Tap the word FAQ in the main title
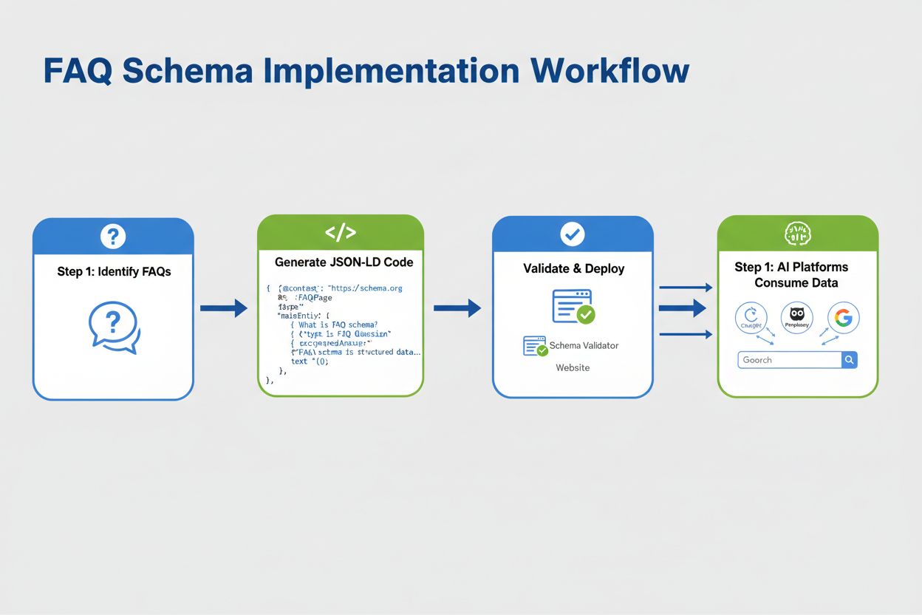click(77, 71)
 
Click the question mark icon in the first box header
click(113, 237)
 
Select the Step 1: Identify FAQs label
click(114, 271)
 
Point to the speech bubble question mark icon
click(114, 327)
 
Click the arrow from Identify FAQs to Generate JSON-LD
click(224, 308)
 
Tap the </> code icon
click(341, 234)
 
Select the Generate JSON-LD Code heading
click(344, 262)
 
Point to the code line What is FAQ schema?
click(338, 325)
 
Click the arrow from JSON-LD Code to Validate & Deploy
click(457, 308)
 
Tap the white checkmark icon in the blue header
click(573, 235)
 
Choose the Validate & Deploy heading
click(573, 268)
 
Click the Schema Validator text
click(584, 345)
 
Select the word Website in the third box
click(573, 367)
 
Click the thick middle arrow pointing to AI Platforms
click(683, 308)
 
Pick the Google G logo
click(843, 319)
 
